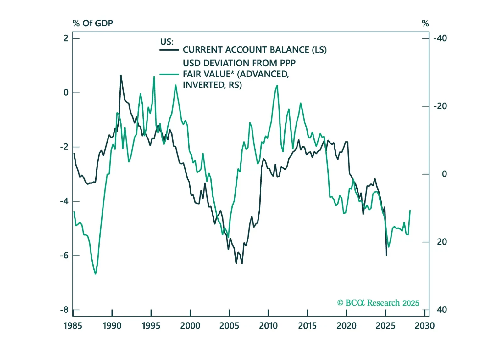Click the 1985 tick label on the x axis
(x=73, y=325)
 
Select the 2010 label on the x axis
(x=268, y=325)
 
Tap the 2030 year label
(x=424, y=325)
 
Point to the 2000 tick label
(x=190, y=325)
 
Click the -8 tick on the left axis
(x=64, y=310)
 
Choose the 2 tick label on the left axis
(x=66, y=38)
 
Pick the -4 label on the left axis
(x=64, y=201)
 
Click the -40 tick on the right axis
(x=440, y=38)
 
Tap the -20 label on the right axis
(x=440, y=106)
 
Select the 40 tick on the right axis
(x=441, y=310)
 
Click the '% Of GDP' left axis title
(x=92, y=23)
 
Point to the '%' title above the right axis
(x=425, y=23)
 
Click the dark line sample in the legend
(x=169, y=50)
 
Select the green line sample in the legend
(x=169, y=74)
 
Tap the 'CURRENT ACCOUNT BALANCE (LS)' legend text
(x=255, y=50)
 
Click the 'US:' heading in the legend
(x=167, y=42)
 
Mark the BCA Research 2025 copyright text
(x=378, y=303)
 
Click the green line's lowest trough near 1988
(x=95, y=274)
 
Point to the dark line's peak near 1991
(x=121, y=75)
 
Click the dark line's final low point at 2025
(x=386, y=255)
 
